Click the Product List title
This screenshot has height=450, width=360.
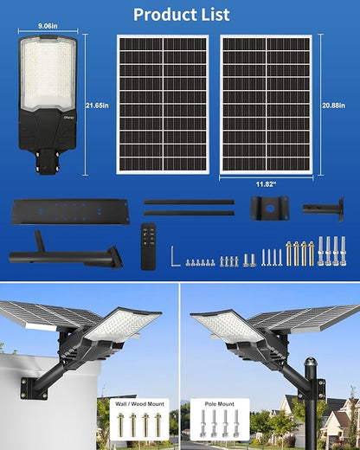tap(181, 15)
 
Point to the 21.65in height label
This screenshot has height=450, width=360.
tap(98, 105)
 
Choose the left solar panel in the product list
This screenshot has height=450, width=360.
tap(163, 105)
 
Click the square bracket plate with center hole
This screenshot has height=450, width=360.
tap(269, 209)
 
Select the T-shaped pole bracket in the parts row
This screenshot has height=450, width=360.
tap(325, 209)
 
